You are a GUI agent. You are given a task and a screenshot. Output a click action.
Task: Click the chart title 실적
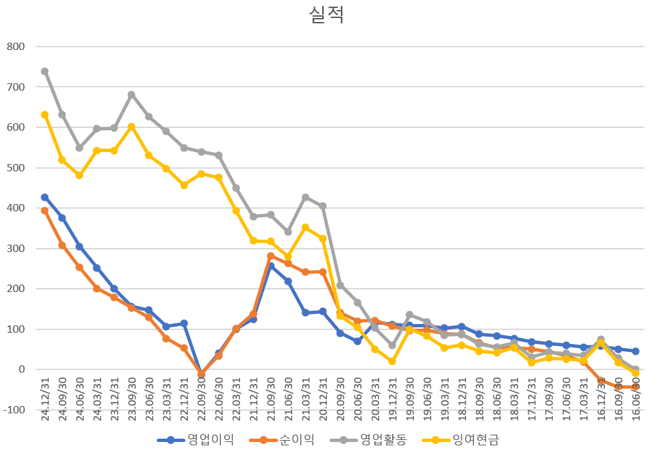[326, 15]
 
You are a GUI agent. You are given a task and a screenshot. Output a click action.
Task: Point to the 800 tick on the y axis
[15, 47]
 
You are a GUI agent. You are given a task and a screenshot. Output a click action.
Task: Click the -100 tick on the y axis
[14, 409]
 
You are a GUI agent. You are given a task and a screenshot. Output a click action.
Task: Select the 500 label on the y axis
[15, 167]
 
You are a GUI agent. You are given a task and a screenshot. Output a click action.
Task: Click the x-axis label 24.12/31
[45, 399]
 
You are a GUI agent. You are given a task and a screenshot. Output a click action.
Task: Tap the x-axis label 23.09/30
[131, 399]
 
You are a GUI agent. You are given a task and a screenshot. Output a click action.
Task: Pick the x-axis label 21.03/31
[305, 399]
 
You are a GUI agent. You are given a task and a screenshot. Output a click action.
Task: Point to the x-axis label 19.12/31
[392, 399]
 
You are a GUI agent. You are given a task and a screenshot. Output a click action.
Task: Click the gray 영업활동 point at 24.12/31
[45, 71]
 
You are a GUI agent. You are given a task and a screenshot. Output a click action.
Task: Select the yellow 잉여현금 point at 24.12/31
[45, 115]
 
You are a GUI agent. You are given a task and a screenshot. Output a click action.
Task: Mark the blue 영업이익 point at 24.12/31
[45, 197]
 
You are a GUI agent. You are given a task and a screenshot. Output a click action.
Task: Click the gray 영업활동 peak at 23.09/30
[131, 95]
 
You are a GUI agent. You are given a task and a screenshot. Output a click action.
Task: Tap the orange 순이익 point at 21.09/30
[271, 256]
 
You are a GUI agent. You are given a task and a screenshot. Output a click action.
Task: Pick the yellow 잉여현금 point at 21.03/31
[305, 227]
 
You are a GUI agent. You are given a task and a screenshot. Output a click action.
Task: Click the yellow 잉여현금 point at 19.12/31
[392, 361]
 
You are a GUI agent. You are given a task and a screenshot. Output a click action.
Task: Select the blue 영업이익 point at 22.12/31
[184, 323]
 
